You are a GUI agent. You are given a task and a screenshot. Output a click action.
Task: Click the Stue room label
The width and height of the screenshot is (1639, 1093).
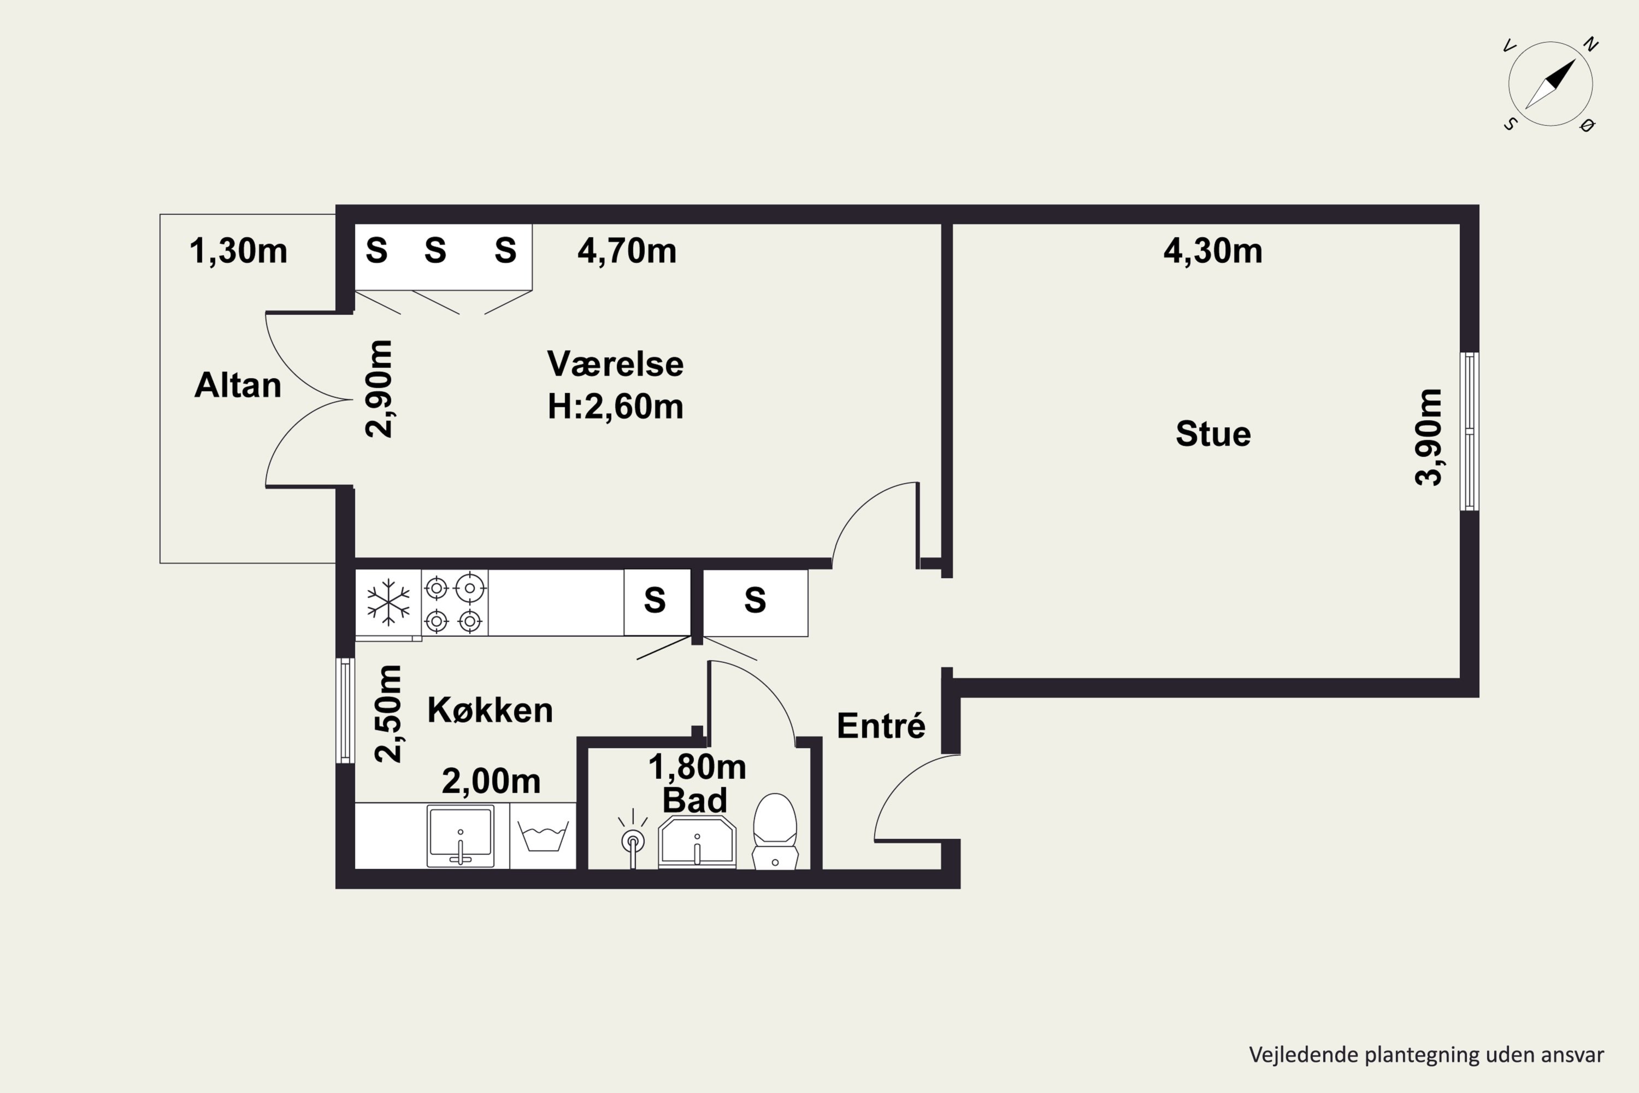coord(1213,433)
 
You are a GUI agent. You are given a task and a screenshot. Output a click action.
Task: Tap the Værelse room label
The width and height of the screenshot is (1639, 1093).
coord(615,363)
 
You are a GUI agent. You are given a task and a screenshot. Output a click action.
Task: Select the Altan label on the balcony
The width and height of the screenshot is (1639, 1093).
coord(238,385)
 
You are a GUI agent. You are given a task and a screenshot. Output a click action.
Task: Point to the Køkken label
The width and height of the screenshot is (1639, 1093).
coord(490,710)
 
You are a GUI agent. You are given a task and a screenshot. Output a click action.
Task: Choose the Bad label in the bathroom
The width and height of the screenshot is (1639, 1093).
coord(695,800)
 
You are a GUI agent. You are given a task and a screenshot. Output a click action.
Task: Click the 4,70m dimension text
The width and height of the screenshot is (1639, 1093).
coord(627,251)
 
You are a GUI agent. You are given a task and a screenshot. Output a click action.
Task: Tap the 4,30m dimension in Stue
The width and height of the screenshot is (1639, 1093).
coord(1212,251)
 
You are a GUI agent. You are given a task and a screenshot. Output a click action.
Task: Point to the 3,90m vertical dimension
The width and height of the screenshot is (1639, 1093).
coord(1428,437)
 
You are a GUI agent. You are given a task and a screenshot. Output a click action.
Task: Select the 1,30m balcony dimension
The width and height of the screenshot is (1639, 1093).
coord(238,251)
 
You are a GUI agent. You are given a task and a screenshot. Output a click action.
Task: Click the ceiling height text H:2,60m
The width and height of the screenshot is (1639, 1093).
coord(615,407)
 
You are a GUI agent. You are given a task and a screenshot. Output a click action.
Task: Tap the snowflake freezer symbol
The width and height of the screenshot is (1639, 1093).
coord(388,603)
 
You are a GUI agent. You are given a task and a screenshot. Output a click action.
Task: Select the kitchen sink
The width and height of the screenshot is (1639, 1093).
coord(461,837)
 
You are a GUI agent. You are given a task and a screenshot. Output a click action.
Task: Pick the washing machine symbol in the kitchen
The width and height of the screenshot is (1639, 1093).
coord(543,836)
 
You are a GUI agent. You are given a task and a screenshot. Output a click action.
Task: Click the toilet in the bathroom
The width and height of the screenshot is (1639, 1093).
coord(775,831)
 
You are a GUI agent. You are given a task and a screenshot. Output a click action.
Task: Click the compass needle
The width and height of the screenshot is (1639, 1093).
coord(1550,84)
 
